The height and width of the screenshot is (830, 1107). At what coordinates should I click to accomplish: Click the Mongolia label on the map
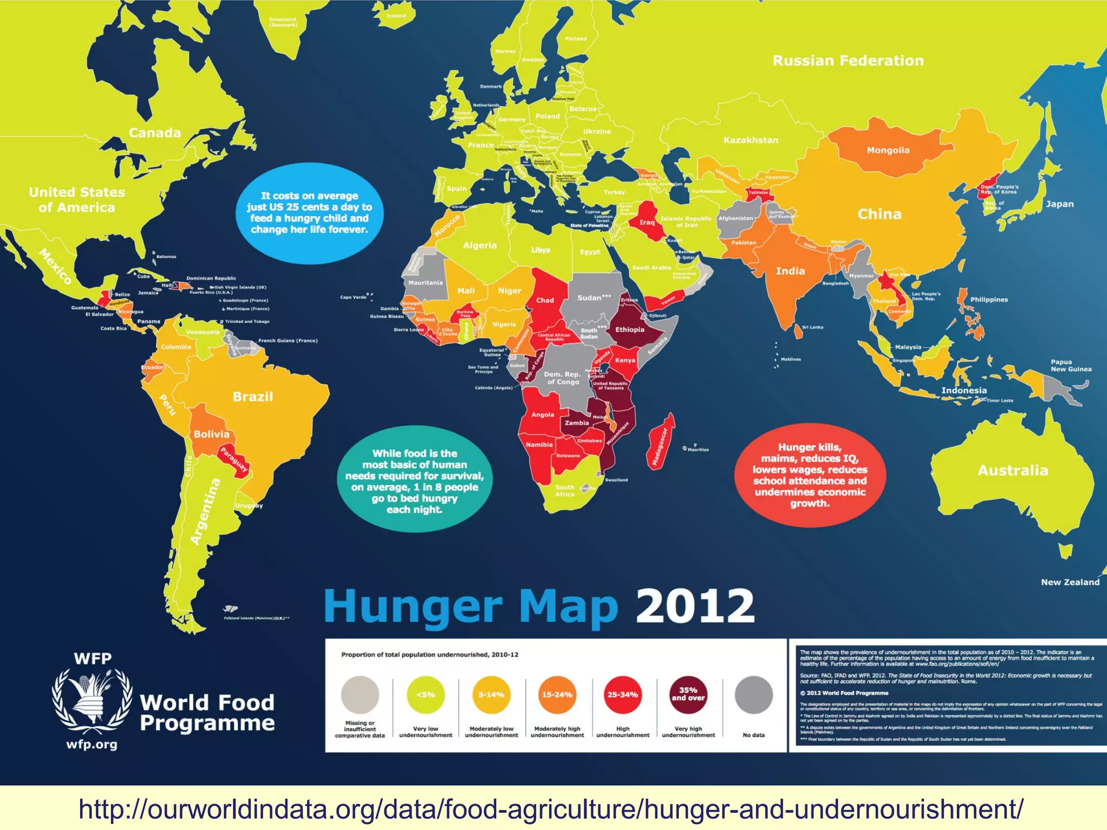click(888, 150)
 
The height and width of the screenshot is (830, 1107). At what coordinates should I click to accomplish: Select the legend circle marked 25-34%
click(622, 694)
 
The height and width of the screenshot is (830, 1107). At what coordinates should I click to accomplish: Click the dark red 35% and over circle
click(688, 694)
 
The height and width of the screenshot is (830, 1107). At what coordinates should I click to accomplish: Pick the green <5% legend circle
click(425, 694)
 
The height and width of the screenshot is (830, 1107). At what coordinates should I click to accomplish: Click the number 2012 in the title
click(695, 606)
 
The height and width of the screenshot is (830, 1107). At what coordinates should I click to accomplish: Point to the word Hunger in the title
click(414, 607)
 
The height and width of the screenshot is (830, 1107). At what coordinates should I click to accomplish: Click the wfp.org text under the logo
click(92, 745)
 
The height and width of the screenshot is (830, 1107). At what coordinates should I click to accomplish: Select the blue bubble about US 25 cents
click(309, 213)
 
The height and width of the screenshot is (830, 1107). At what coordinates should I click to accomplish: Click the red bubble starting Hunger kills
click(809, 475)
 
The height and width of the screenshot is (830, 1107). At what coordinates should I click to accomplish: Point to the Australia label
click(1012, 470)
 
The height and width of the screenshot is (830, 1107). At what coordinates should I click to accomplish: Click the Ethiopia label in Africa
click(630, 329)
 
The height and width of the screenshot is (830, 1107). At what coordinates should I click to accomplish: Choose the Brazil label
click(252, 397)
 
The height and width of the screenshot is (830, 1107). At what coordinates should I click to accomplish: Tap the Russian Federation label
click(848, 61)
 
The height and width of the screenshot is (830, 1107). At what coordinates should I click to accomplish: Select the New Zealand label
click(1070, 582)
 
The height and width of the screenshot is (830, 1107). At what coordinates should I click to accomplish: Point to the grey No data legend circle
click(753, 694)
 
